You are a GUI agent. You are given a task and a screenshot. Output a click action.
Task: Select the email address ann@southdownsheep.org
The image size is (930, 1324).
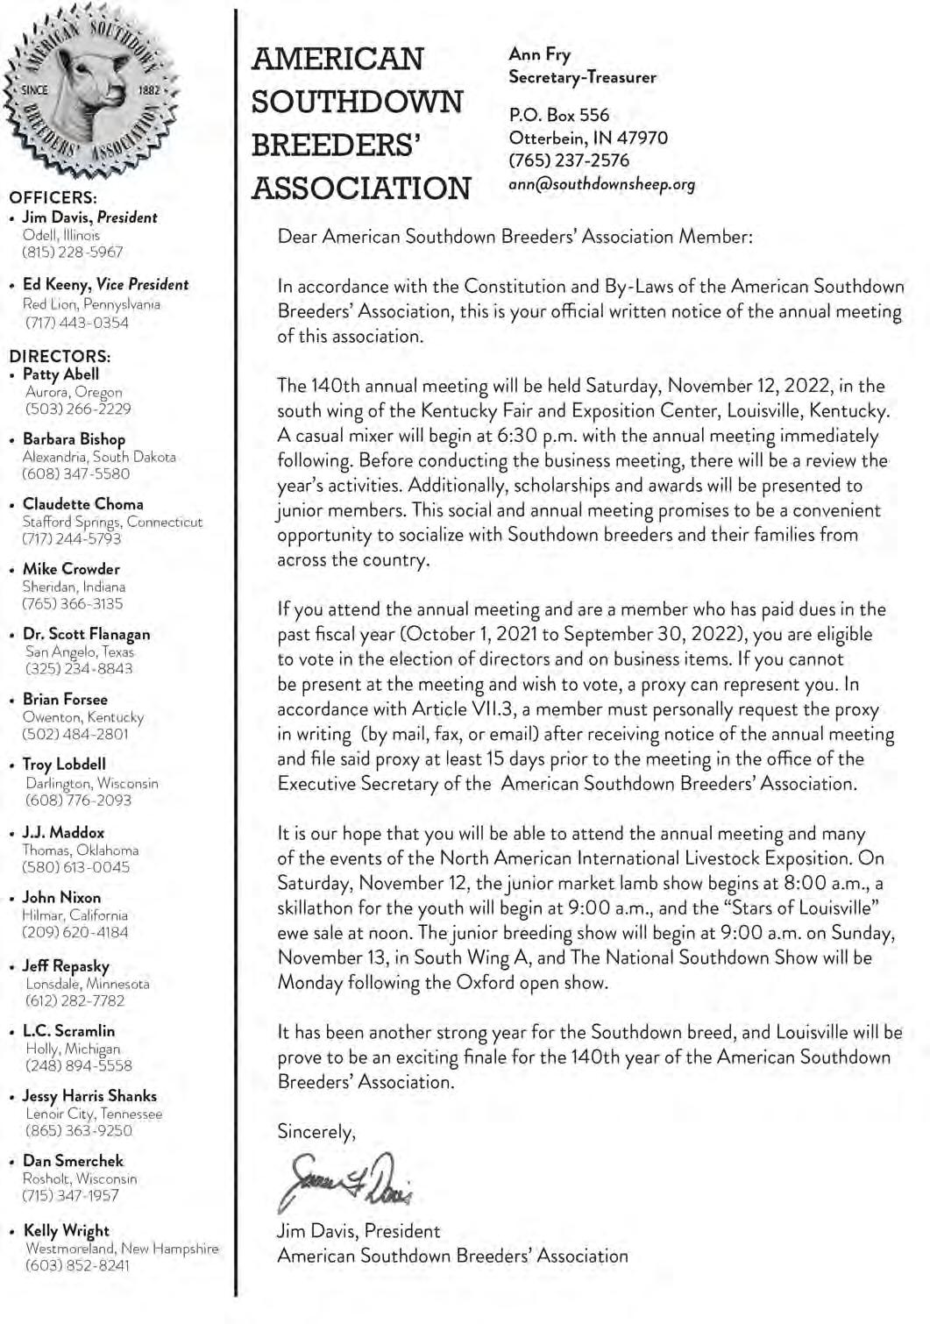[601, 184]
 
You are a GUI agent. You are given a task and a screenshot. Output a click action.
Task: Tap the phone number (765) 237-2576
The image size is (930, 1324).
[569, 160]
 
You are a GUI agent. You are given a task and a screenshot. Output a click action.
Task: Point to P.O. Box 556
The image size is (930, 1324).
[558, 115]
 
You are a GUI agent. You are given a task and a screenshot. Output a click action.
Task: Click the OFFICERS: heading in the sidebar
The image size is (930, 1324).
[53, 198]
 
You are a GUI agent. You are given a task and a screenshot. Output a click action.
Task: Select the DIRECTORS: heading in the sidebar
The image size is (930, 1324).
[60, 356]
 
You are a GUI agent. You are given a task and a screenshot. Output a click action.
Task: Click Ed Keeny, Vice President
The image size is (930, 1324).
[105, 284]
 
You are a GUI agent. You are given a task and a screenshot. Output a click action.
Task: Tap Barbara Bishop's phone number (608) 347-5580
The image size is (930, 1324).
[75, 473]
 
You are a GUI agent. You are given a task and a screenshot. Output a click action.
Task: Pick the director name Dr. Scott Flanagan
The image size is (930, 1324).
[86, 634]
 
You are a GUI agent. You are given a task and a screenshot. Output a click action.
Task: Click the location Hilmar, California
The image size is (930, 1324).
[75, 915]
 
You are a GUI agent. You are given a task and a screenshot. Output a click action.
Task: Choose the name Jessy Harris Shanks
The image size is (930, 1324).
[89, 1096]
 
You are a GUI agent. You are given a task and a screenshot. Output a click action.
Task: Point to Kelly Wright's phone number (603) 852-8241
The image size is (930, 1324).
[77, 1265]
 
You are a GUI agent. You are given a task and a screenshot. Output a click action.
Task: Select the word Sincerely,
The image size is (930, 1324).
[316, 1132]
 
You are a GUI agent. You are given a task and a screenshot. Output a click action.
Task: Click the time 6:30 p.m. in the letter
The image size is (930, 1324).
[509, 436]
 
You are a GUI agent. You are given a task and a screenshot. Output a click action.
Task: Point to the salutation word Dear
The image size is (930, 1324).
[297, 237]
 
